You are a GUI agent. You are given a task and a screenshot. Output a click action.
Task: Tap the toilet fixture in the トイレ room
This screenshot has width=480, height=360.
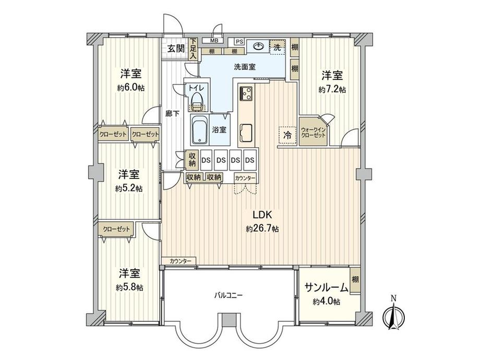[x=197, y=100]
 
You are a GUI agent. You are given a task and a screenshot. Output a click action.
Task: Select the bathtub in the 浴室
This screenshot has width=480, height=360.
[x=198, y=130]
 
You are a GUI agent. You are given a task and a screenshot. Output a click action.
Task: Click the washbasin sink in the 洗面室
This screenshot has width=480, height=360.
[x=258, y=46]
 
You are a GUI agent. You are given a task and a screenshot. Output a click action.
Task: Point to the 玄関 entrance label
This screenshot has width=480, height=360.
[x=175, y=49]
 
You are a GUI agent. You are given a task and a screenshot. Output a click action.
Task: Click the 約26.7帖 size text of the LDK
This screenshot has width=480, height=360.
[x=262, y=229]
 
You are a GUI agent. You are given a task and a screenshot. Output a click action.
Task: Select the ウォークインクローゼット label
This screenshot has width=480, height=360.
[x=313, y=132]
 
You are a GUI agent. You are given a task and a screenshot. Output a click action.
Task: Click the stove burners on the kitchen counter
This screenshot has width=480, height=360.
[x=245, y=94]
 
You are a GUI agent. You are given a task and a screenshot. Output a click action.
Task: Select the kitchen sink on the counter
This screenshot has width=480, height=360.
[x=245, y=129]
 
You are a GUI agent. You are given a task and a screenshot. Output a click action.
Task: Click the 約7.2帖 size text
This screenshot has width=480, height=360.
[x=332, y=89]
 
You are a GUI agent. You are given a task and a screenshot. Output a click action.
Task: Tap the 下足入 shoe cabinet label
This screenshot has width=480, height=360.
[x=193, y=49]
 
